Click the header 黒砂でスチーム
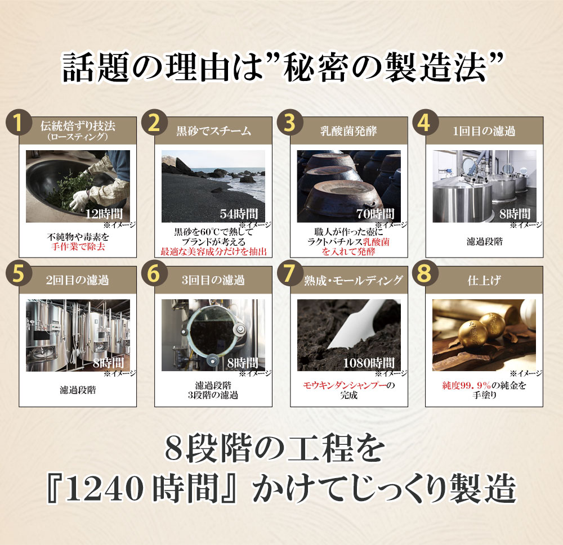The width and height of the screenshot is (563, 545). [x=213, y=131]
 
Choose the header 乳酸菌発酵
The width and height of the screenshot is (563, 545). [x=348, y=131]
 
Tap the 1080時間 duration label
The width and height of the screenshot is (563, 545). [x=369, y=363]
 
